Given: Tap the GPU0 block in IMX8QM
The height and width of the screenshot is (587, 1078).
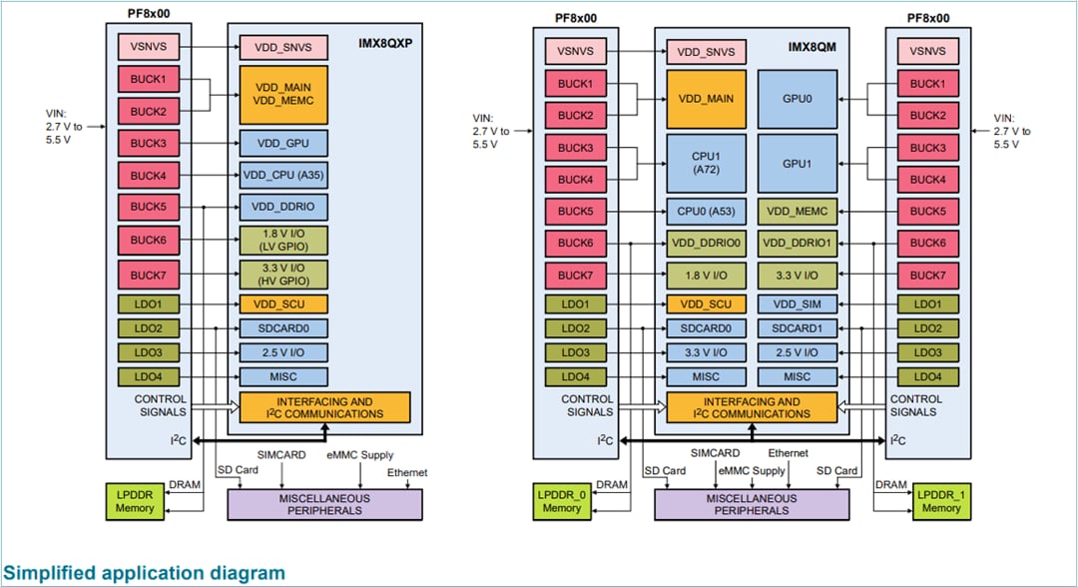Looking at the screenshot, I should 798,99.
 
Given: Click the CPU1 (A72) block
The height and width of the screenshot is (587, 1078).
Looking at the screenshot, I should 706,163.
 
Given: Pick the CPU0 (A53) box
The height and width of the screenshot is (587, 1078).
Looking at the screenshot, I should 706,212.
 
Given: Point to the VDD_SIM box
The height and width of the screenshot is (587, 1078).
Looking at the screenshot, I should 798,304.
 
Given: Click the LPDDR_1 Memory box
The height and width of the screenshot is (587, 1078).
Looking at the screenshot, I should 941,501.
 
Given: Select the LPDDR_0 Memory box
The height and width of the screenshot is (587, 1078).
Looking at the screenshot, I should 562,501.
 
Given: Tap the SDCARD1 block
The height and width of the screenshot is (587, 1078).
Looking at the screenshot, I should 798,328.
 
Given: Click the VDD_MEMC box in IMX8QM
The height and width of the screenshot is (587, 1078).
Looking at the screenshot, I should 798,212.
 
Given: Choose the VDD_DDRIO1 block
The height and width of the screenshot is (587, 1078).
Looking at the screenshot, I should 798,243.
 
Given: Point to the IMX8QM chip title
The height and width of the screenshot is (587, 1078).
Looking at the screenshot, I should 810,47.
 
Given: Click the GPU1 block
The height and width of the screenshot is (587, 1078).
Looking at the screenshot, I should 798,163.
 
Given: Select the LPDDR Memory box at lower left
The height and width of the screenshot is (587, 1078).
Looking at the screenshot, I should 135,501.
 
